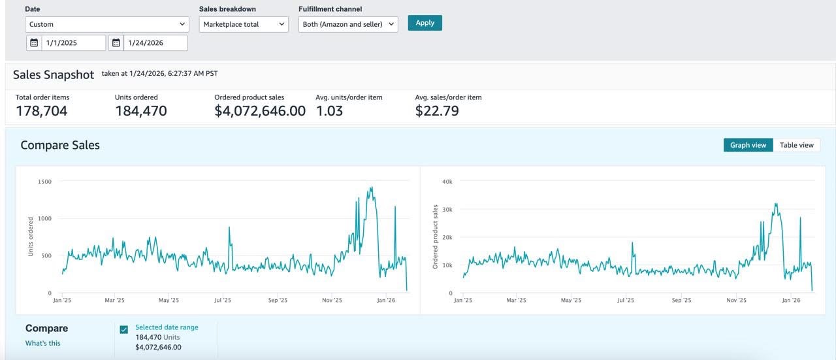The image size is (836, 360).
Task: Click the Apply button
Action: [425, 23]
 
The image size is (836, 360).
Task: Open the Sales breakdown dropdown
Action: [243, 24]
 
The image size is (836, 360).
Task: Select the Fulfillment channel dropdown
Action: [347, 24]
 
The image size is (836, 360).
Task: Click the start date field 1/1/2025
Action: [73, 43]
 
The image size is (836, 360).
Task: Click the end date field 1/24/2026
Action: [155, 43]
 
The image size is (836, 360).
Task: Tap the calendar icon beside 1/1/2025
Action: [34, 43]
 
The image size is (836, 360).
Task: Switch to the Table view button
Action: [797, 145]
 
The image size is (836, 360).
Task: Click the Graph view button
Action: [748, 145]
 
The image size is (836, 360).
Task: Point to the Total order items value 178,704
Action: [41, 111]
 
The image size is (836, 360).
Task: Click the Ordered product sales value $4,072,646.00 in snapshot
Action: [260, 111]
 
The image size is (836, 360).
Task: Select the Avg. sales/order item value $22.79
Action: [437, 111]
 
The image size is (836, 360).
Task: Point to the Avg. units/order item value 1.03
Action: [329, 111]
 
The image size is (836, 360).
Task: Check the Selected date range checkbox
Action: [124, 330]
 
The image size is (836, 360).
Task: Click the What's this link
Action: [43, 343]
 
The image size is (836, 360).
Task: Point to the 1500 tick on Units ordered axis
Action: [44, 181]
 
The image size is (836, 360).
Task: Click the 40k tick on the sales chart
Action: [447, 181]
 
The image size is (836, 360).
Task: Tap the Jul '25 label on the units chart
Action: [223, 301]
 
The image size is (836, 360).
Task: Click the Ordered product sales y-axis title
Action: [435, 237]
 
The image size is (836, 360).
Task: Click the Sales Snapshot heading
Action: [54, 75]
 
